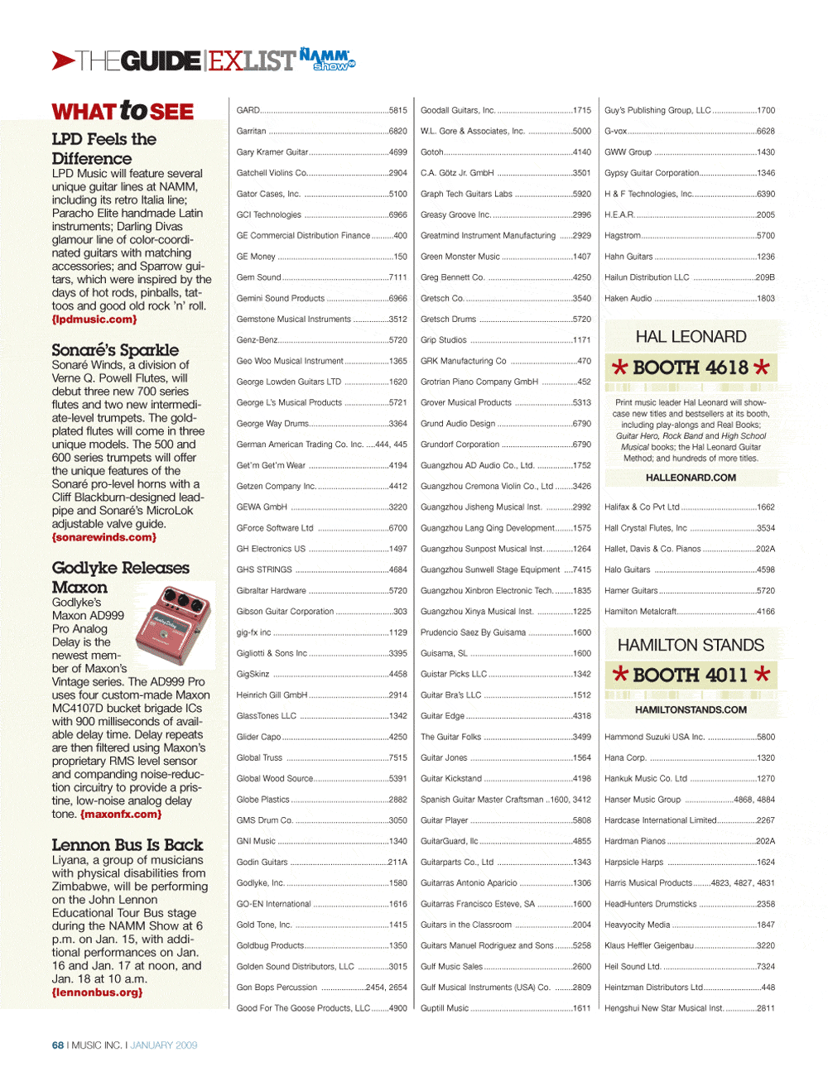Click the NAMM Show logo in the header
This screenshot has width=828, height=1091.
coord(326,59)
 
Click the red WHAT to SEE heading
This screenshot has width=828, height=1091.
coord(123,111)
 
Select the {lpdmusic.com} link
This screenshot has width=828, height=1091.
coord(94,320)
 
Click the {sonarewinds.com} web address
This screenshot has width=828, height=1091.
coord(103,537)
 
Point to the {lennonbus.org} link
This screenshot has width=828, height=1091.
coord(97,992)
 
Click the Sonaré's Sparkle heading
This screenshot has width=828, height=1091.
coord(115,349)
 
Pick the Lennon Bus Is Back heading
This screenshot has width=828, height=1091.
coord(127,844)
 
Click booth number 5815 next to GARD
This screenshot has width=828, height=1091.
coord(398,110)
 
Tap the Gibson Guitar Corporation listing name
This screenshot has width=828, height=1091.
coord(285,612)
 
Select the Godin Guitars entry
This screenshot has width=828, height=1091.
coord(262,863)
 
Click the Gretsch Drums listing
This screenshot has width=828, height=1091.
coord(448,320)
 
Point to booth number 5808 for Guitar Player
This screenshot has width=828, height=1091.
coord(582,820)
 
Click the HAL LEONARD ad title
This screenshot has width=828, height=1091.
coord(691,337)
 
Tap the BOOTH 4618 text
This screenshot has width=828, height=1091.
coord(691,368)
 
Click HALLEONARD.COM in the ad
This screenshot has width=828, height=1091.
coord(691,478)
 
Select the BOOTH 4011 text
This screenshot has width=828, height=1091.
coord(691,675)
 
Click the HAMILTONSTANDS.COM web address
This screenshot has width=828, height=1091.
coord(691,709)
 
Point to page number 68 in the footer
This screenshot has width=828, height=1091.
coord(58,1045)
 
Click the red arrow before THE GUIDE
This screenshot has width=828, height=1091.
coord(63,60)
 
